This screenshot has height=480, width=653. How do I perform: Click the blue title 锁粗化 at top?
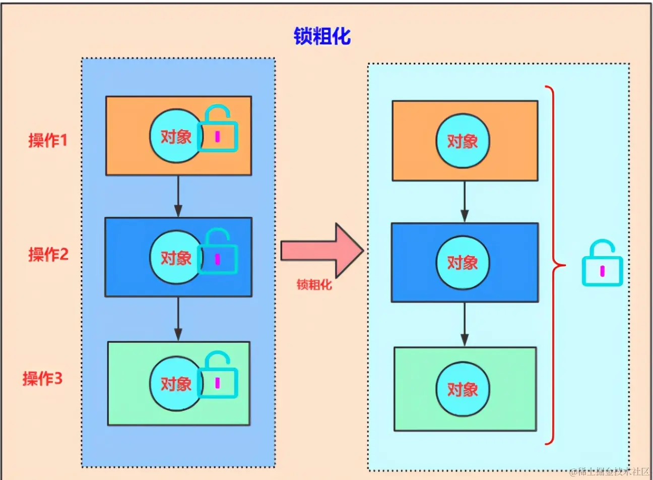pyautogui.click(x=322, y=36)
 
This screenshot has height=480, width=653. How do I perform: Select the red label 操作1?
pyautogui.click(x=48, y=140)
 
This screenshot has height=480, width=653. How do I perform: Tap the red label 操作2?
pyautogui.click(x=48, y=254)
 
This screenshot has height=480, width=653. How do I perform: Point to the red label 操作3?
pyautogui.click(x=42, y=378)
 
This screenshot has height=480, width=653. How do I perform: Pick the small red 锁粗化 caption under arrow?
pyautogui.click(x=314, y=285)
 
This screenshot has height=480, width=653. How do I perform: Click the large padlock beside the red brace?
pyautogui.click(x=603, y=265)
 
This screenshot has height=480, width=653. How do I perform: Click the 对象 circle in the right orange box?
pyautogui.click(x=463, y=141)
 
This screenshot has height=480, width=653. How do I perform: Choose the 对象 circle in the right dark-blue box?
pyautogui.click(x=463, y=262)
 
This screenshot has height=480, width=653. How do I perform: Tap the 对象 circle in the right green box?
pyautogui.click(x=463, y=389)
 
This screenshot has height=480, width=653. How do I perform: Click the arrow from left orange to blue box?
pyautogui.click(x=178, y=196)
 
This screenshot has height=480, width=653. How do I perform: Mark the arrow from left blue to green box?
pyautogui.click(x=178, y=319)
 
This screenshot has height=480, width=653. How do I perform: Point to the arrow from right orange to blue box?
pyautogui.click(x=465, y=202)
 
